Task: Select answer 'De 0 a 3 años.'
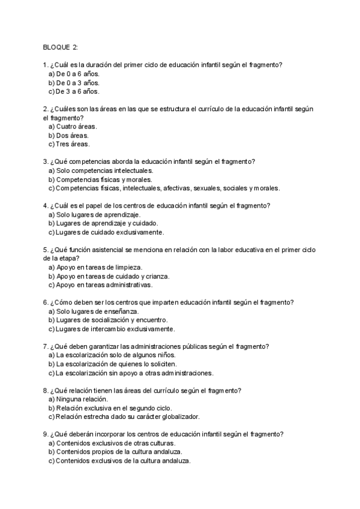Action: pos(77,82)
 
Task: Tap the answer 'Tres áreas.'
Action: pos(72,144)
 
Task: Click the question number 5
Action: pos(46,250)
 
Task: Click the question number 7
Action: pos(46,346)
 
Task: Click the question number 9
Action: pos(46,434)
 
